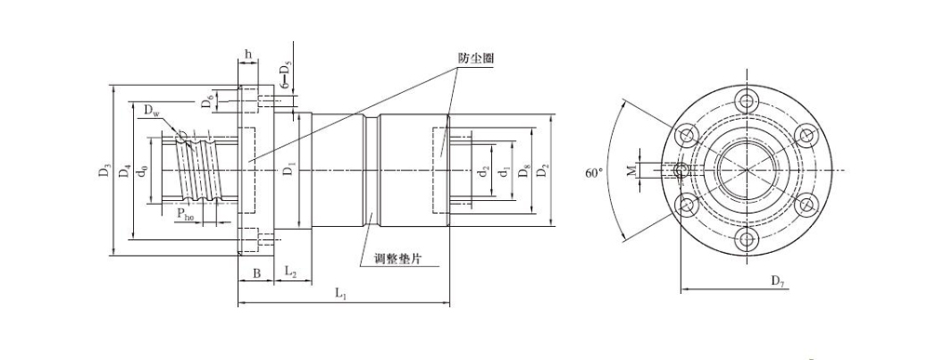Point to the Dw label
coord(153,113)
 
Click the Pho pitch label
coord(185,216)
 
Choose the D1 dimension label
coord(290,169)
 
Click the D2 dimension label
coord(544,170)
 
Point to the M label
coord(631,170)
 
